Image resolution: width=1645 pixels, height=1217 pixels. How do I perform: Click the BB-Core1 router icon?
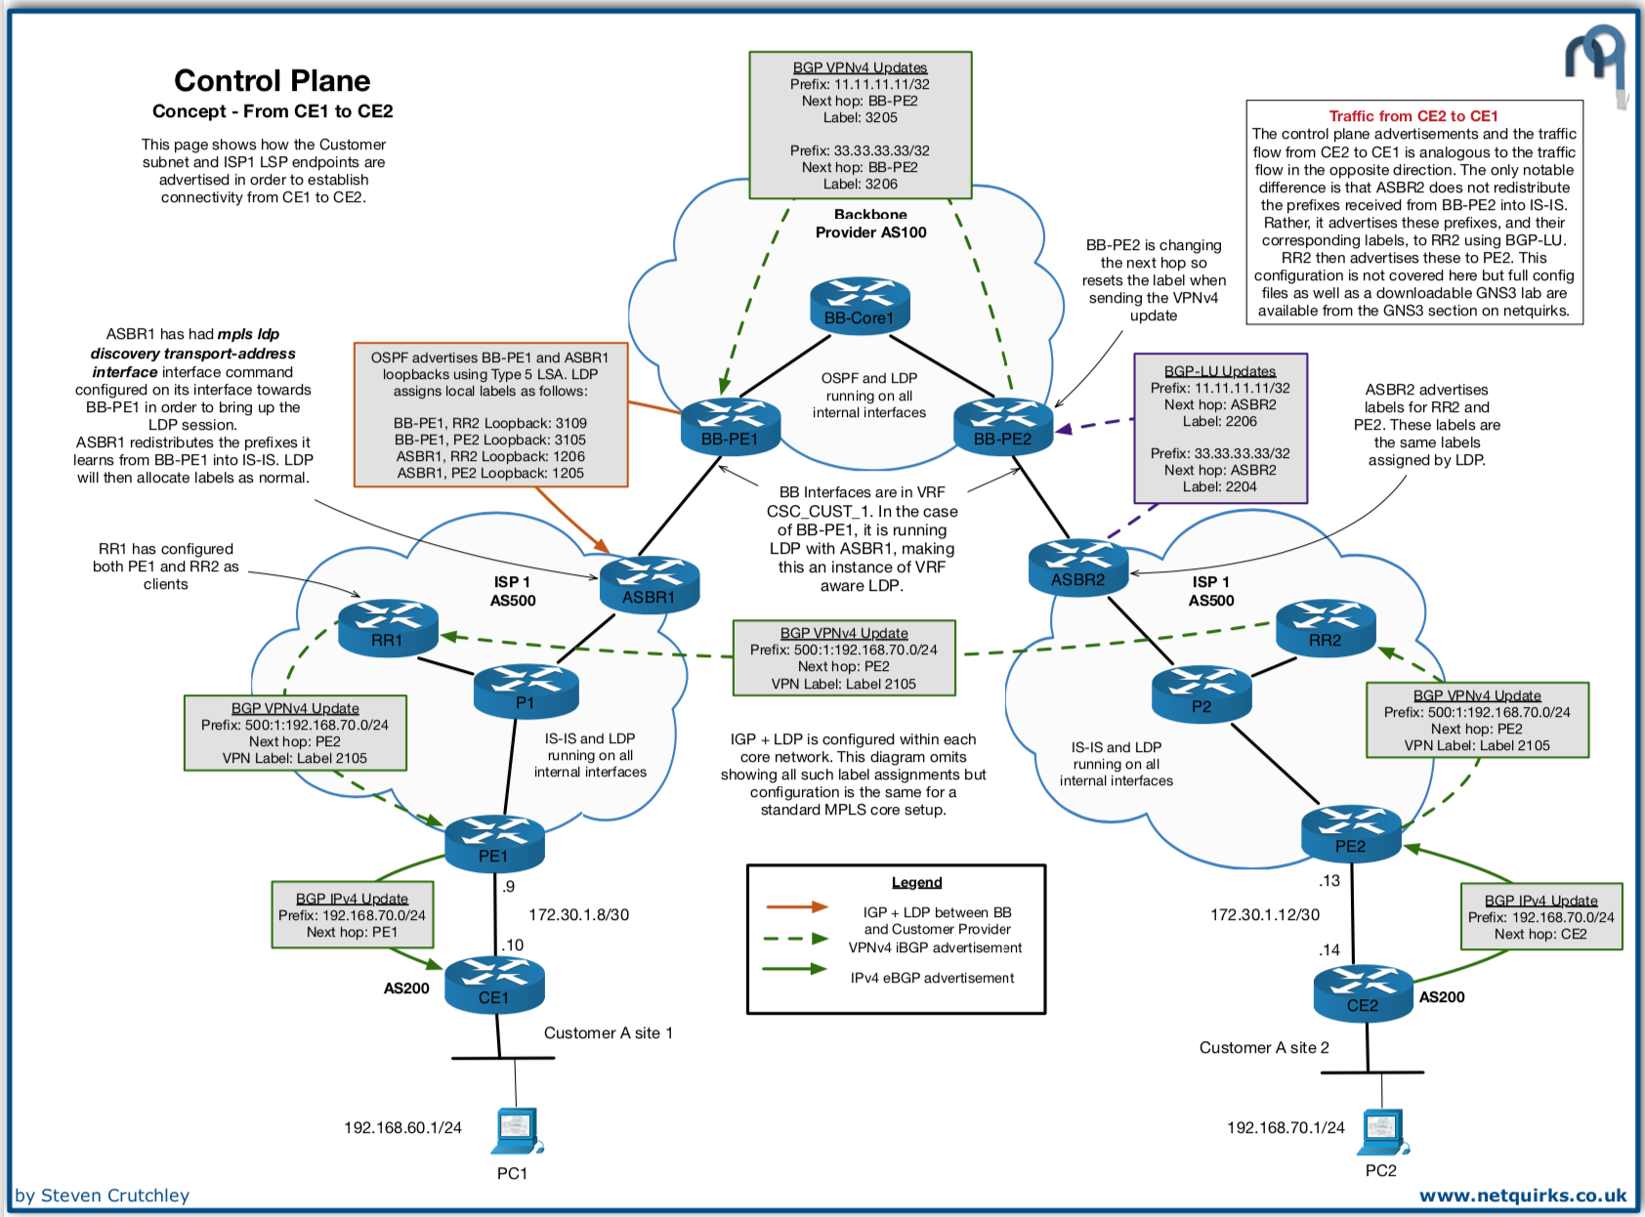tap(860, 306)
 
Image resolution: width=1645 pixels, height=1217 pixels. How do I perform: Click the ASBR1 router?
tap(649, 585)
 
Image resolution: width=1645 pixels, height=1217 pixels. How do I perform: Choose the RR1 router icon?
tap(388, 628)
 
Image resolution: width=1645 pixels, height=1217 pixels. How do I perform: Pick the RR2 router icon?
tap(1326, 628)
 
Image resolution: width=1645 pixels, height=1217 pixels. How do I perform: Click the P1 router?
tap(526, 692)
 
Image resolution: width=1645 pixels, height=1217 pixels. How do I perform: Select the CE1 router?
tap(494, 986)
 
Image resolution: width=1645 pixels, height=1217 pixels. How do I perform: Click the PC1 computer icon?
tap(517, 1132)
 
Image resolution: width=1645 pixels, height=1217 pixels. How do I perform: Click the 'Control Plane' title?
tap(273, 80)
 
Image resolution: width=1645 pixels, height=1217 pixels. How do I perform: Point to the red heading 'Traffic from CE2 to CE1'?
tap(1413, 116)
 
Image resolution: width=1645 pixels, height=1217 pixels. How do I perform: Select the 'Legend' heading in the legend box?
tap(916, 883)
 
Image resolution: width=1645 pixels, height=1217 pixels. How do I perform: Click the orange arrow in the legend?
tap(796, 907)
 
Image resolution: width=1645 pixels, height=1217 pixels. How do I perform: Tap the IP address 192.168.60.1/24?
tap(402, 1128)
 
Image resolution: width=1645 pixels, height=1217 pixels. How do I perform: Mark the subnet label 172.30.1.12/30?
tap(1265, 915)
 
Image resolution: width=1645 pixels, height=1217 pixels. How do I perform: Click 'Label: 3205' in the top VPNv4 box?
tap(860, 118)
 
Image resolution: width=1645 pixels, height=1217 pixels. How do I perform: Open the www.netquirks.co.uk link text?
tap(1523, 1196)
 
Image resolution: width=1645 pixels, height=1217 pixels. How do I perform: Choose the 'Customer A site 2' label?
tap(1264, 1048)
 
